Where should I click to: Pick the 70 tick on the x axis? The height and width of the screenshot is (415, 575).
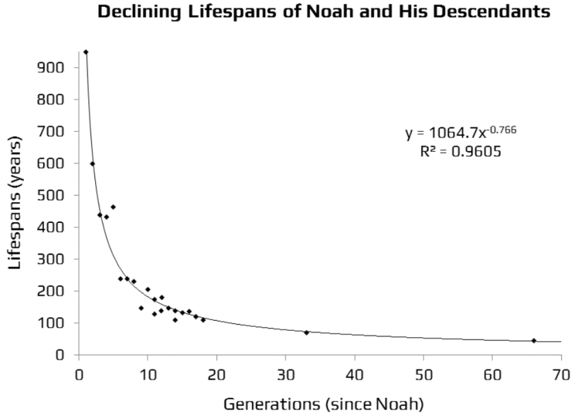point(561,376)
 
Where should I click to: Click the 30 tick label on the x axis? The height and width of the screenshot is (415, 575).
point(285,376)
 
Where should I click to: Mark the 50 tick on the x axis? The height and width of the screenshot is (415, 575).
point(423,376)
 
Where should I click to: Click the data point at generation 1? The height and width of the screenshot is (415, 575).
point(86,52)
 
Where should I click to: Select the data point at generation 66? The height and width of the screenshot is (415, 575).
point(533,340)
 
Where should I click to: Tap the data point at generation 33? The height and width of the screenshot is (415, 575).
point(306,332)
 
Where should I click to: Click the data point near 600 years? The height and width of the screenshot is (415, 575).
point(92,163)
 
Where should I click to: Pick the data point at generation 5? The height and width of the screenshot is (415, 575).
point(113,206)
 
